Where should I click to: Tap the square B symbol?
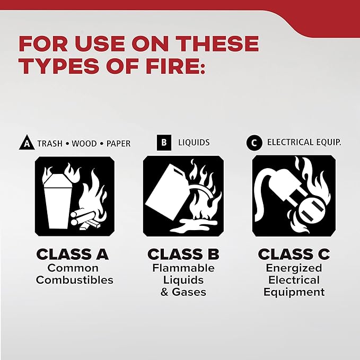[164, 143]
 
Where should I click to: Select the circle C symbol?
[254, 143]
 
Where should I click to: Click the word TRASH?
[49, 144]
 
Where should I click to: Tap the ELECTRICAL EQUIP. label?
[304, 143]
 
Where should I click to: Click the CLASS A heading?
[73, 254]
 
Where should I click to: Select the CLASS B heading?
[183, 254]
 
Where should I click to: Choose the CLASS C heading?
[293, 254]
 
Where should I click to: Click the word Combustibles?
[75, 280]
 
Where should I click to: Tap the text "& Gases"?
[183, 292]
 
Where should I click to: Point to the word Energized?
[293, 268]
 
